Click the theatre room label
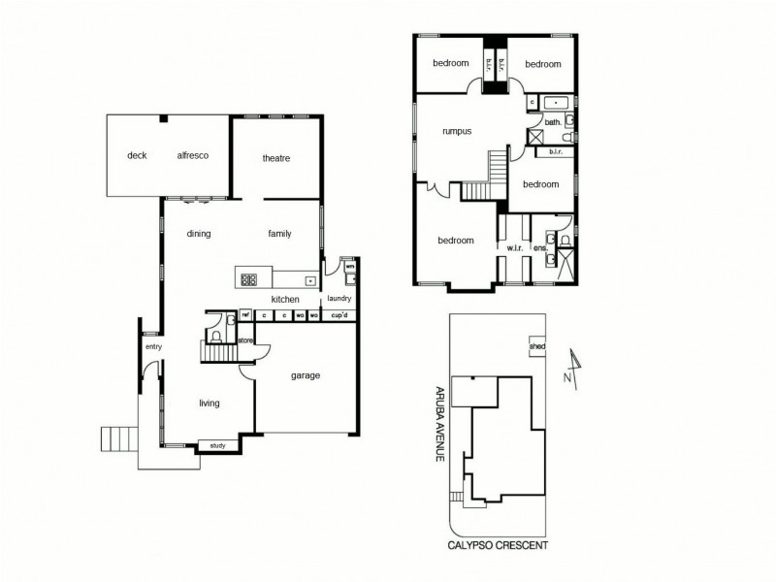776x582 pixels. click(276, 158)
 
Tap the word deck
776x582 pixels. click(137, 155)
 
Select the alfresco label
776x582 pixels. click(193, 155)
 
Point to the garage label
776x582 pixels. click(306, 375)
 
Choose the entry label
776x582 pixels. click(153, 346)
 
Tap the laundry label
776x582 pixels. click(339, 299)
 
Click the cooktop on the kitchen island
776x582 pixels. click(249, 279)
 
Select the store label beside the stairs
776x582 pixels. click(245, 340)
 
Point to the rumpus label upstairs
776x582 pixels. click(456, 131)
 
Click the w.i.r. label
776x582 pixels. click(515, 248)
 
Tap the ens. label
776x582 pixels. click(542, 248)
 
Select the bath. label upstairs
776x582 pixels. click(552, 123)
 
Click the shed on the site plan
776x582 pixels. click(536, 347)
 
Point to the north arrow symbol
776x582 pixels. click(574, 369)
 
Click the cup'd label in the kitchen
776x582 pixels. click(339, 315)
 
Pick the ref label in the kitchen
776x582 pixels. click(245, 315)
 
